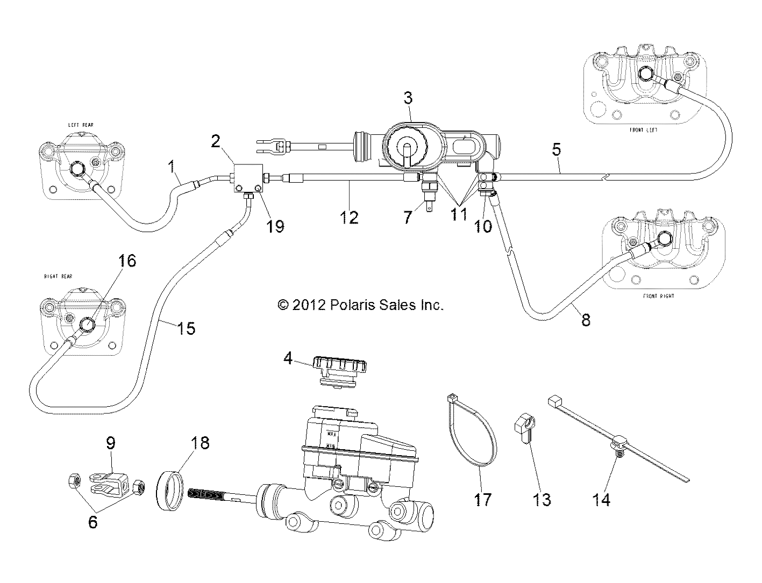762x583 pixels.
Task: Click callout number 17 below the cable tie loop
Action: pos(482,500)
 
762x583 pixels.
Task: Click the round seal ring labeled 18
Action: pos(173,487)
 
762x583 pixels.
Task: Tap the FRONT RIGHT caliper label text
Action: pos(658,296)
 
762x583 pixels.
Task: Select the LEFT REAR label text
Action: pos(80,125)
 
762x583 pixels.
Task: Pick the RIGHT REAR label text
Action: pos(58,277)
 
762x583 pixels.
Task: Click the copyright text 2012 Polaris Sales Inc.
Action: pos(360,306)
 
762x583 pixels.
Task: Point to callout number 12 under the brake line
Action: pos(349,218)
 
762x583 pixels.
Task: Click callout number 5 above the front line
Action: pos(557,150)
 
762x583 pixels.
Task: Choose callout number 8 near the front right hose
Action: pos(586,320)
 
